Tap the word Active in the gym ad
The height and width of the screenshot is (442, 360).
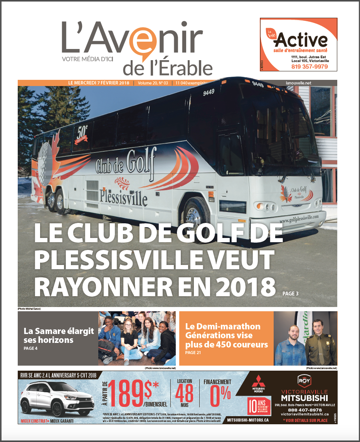303,40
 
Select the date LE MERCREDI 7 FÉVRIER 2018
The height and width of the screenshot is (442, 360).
99,83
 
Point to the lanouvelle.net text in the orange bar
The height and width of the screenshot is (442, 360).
299,83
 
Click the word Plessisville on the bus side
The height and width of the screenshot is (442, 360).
123,197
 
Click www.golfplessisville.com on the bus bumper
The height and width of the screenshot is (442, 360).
299,218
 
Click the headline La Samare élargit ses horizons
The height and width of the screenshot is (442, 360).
59,336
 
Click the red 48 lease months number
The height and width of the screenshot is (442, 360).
184,396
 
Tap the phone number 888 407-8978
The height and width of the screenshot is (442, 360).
304,410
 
